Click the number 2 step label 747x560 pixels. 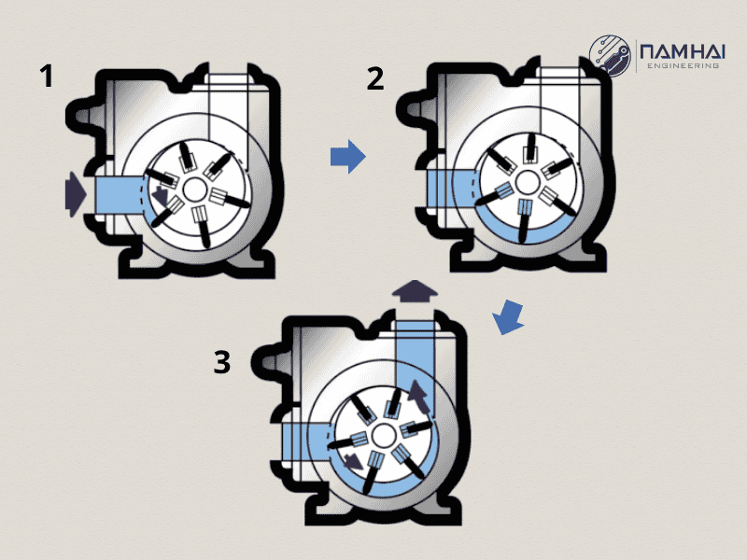pyautogui.click(x=374, y=78)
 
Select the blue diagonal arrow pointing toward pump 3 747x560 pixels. pyautogui.click(x=507, y=316)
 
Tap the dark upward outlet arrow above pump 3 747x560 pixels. pyautogui.click(x=414, y=292)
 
